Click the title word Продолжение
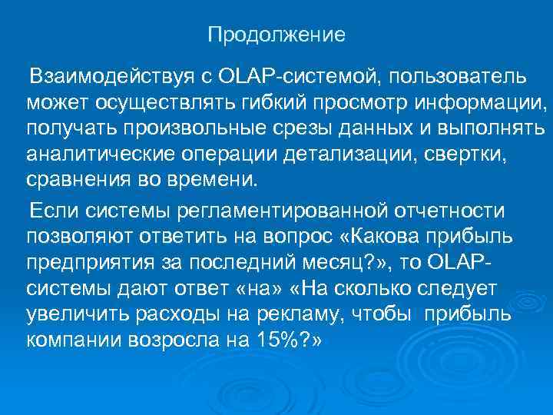277,35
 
